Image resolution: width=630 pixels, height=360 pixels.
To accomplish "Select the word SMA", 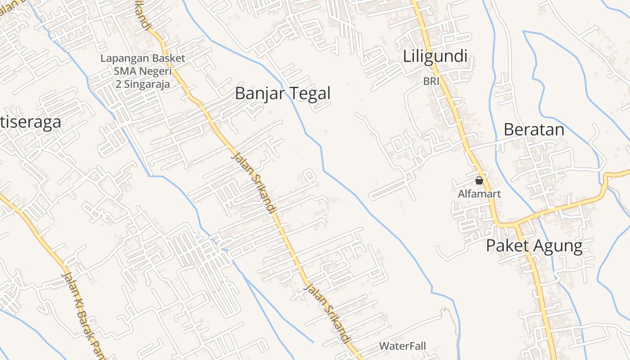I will pyautogui.click(x=123, y=71).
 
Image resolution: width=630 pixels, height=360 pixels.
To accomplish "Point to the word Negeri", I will pyautogui.click(x=155, y=71).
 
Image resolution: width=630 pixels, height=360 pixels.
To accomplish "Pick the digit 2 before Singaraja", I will pyautogui.click(x=119, y=84).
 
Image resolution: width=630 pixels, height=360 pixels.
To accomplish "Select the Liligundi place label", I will pyautogui.click(x=435, y=57).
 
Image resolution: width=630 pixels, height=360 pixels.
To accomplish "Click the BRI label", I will pyautogui.click(x=431, y=81).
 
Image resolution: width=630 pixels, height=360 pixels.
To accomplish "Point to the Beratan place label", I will pyautogui.click(x=534, y=130).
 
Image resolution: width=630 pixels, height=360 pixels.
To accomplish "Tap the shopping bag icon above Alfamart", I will pyautogui.click(x=479, y=181).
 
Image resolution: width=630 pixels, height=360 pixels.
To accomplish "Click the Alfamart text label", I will pyautogui.click(x=479, y=194).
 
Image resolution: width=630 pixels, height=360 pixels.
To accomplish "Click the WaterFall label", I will pyautogui.click(x=402, y=346).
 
